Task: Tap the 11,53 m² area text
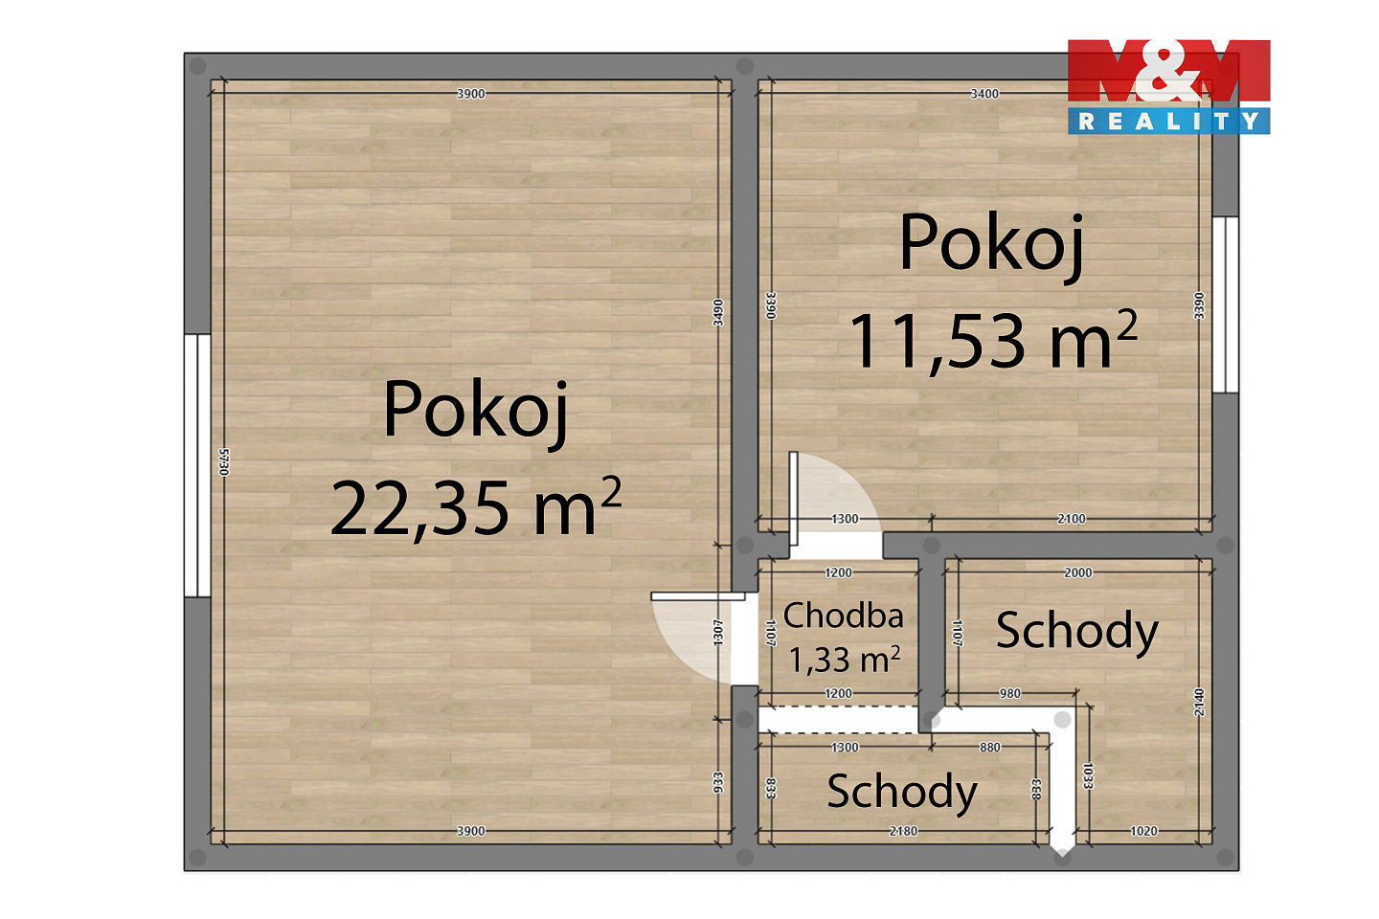pos(993,341)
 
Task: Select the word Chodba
pos(843,616)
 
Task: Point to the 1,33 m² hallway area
pos(844,660)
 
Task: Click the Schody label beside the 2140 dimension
pos(1077,632)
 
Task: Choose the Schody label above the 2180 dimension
pos(902,793)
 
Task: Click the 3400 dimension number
pos(984,94)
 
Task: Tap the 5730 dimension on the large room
pos(224,461)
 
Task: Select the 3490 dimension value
pos(718,313)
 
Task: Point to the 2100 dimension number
pos(1072,519)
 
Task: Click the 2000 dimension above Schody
pos(1078,572)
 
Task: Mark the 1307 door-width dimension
pos(718,632)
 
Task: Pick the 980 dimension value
pos(1009,694)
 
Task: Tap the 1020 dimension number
pos(1143,831)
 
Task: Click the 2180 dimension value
pos(903,831)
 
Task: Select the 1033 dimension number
pos(1088,775)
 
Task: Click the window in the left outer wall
pos(197,465)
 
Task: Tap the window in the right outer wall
pos(1225,304)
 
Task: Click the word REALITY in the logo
pos(1168,122)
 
